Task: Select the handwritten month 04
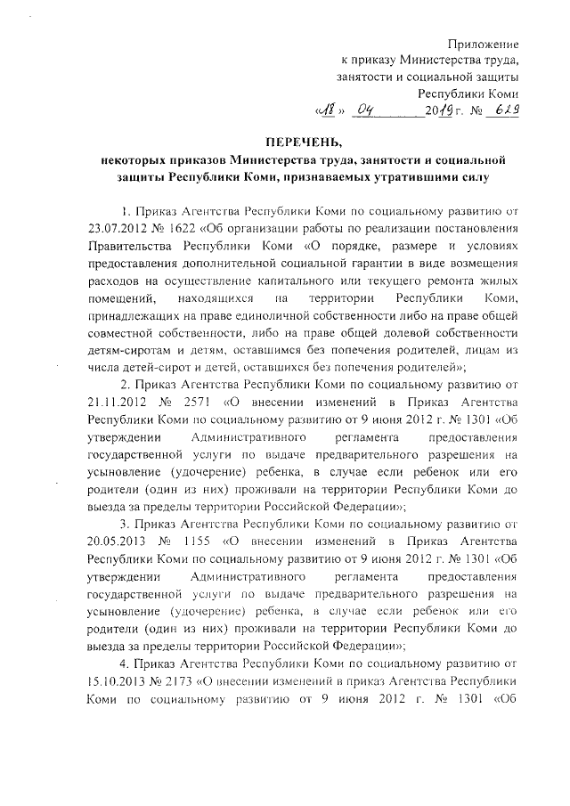tap(370, 111)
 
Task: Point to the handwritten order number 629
tap(506, 111)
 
